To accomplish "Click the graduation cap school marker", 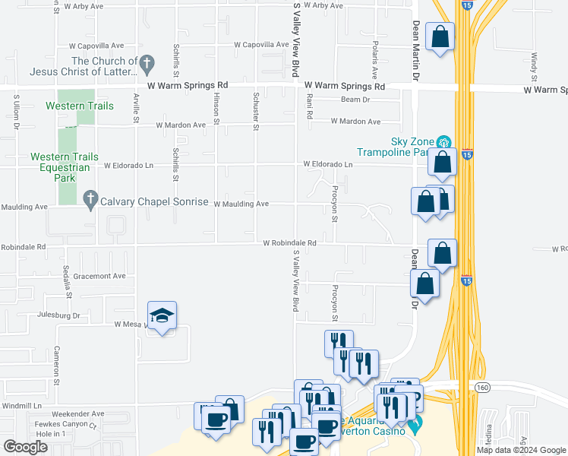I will [162, 315].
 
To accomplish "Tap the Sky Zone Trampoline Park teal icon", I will [444, 141].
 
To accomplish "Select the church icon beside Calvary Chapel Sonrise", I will [90, 201].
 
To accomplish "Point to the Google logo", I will [25, 447].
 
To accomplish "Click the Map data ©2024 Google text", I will [522, 450].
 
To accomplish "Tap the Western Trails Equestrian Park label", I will [64, 167].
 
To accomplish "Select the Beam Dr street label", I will [355, 100].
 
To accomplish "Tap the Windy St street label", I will [535, 67].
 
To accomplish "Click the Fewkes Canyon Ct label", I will [71, 424].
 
